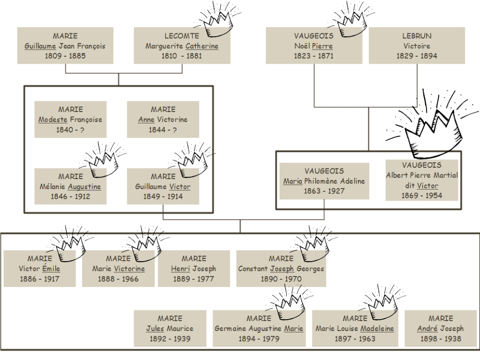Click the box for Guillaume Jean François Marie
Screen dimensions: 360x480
tap(65, 45)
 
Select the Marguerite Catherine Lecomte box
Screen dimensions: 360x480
tap(182, 45)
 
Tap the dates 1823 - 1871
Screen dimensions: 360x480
tap(313, 56)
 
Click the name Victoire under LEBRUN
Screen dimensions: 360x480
tap(417, 46)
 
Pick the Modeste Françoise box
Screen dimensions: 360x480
tap(70, 120)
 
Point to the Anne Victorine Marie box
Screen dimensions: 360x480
tap(163, 120)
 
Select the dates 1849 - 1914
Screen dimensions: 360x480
tap(163, 196)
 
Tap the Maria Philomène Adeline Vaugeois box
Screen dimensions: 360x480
tap(324, 181)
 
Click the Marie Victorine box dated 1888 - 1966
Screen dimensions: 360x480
tap(118, 269)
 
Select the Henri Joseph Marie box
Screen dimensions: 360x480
tap(194, 269)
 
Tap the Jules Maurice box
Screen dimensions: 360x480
tap(170, 329)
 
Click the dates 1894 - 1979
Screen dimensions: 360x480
tap(259, 338)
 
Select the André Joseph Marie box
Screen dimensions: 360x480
tap(441, 329)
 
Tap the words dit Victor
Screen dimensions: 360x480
tap(421, 185)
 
